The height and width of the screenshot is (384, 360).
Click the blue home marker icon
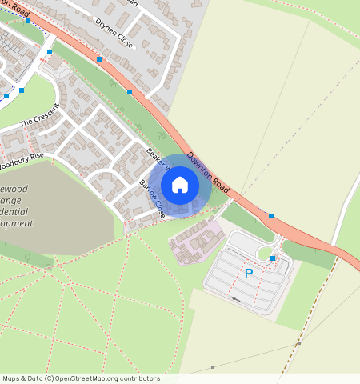point(180,185)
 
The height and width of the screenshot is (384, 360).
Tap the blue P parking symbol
point(249,274)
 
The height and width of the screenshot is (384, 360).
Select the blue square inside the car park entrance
point(273,258)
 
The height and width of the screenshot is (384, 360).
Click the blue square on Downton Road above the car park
point(270,216)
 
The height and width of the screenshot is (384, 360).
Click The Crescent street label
point(40,114)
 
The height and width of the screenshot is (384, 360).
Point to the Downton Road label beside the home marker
point(209,173)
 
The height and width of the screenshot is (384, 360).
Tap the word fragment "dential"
point(16,209)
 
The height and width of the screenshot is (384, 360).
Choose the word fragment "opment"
point(16,223)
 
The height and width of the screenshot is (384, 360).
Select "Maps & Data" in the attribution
point(22,378)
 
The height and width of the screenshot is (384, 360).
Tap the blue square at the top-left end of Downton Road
point(28,21)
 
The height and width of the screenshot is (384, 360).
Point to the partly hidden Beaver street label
point(158,158)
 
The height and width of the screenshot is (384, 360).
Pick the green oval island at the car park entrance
point(263,253)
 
